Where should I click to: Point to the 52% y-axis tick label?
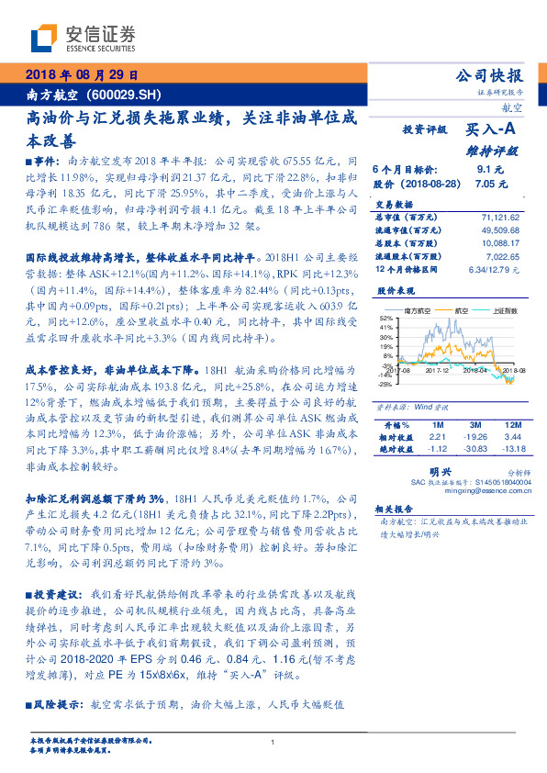tap(387, 318)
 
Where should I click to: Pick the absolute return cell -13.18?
tap(513, 450)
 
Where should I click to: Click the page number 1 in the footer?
tap(273, 742)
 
